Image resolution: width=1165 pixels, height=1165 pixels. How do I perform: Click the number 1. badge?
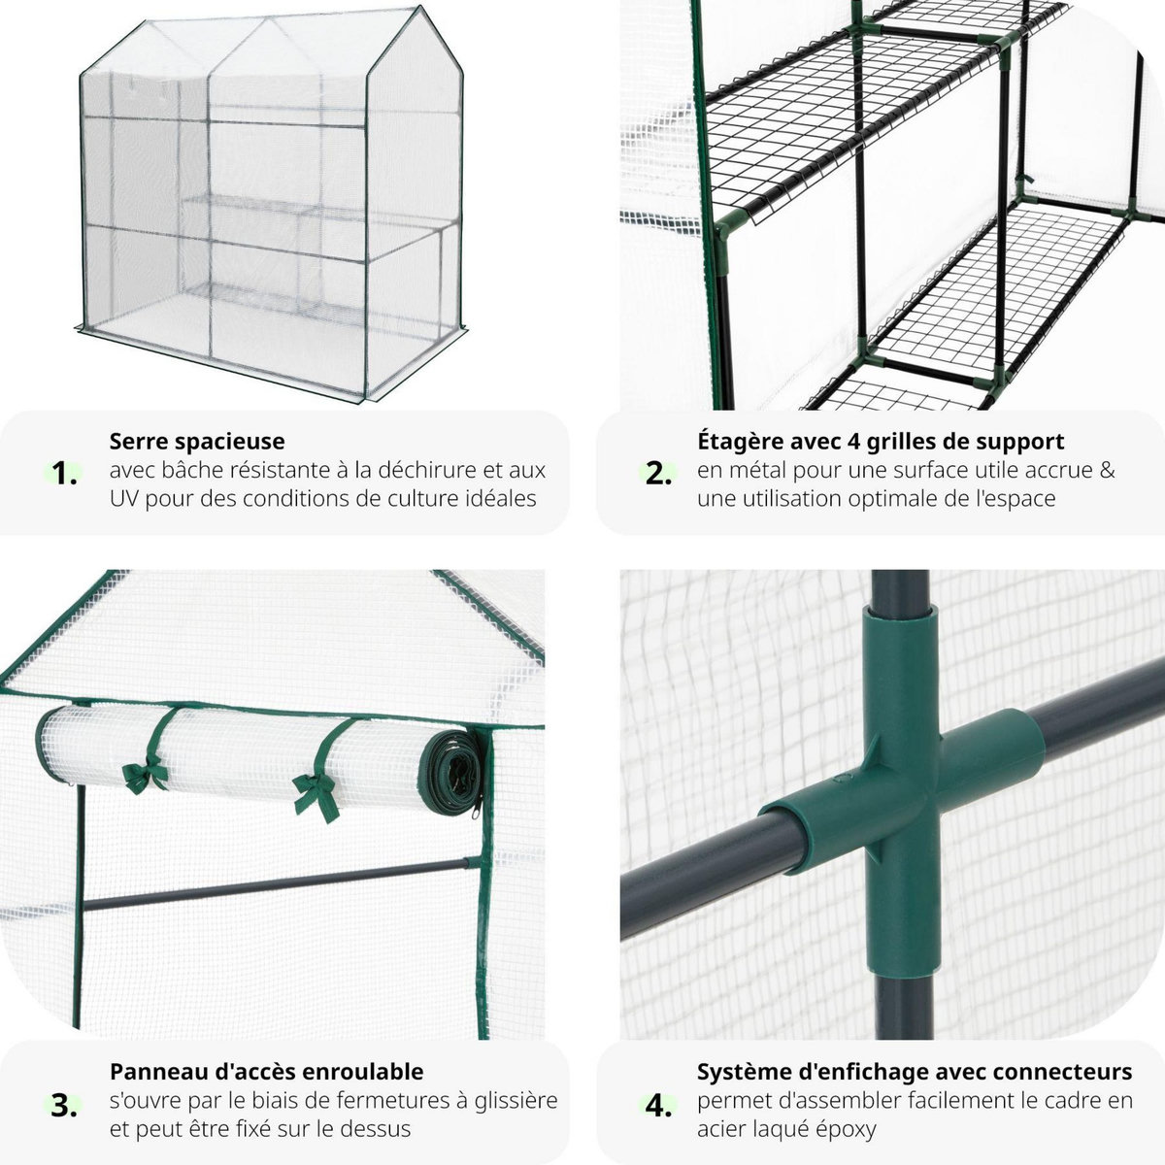[x=65, y=474]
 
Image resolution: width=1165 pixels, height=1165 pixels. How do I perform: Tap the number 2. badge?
[x=659, y=474]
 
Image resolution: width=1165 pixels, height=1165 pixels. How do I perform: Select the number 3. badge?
[x=65, y=1105]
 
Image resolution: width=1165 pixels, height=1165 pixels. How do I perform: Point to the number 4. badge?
[x=659, y=1105]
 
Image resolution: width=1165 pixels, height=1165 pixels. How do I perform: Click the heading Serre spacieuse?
[x=197, y=442]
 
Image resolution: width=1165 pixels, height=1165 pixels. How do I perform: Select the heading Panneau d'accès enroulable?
[x=266, y=1072]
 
